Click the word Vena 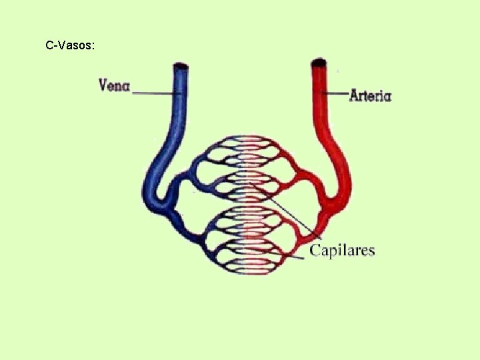tap(115, 85)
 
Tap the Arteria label tap(370, 95)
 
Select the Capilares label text tap(342, 250)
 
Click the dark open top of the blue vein tap(181, 66)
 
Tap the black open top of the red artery tap(319, 63)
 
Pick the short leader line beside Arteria tap(336, 93)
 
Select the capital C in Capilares tap(315, 250)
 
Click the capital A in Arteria tap(355, 95)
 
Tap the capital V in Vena tap(104, 85)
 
